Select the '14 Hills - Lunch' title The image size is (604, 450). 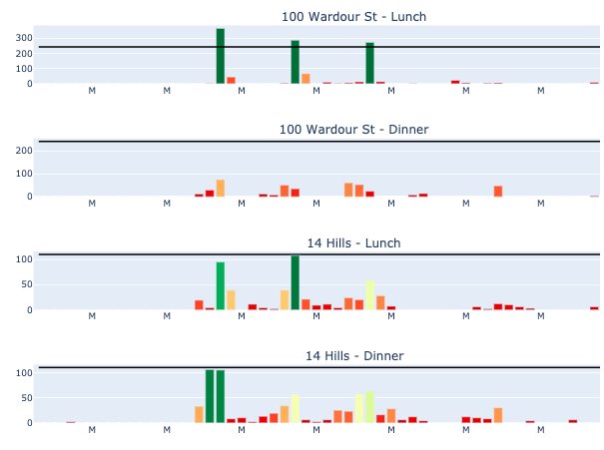point(354,243)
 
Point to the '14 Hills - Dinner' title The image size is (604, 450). point(354,356)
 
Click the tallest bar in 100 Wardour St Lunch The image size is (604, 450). point(221,56)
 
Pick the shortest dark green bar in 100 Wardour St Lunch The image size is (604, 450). point(370,63)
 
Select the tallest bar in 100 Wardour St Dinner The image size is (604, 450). point(221,188)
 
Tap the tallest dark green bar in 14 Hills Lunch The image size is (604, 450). point(296,282)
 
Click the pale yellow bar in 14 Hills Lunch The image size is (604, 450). point(370,295)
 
